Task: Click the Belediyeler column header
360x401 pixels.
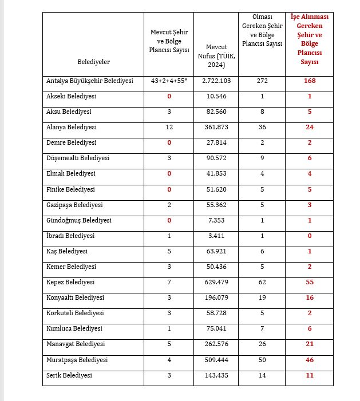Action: [x=93, y=61]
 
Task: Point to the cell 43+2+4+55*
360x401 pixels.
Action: [x=169, y=81]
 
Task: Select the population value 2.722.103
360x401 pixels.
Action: [x=216, y=81]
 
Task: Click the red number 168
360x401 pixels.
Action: [x=310, y=81]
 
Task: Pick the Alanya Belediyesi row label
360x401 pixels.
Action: [x=71, y=127]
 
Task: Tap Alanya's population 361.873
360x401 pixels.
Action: [x=216, y=127]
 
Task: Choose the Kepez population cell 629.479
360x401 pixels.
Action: [x=216, y=282]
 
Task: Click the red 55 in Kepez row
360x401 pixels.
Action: [x=310, y=282]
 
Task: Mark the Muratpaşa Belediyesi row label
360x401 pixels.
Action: [x=77, y=360]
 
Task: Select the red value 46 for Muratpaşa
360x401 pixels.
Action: [x=310, y=360]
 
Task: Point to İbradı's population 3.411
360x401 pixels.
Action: [x=216, y=236]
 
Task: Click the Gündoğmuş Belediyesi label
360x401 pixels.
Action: [x=78, y=220]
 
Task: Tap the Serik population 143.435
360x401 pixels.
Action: [x=216, y=375]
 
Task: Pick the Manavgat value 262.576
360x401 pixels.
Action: [x=216, y=344]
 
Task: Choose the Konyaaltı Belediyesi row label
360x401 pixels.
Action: [x=75, y=297]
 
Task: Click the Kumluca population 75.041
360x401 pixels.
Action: [x=216, y=329]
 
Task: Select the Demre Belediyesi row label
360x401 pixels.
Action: [x=71, y=142]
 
